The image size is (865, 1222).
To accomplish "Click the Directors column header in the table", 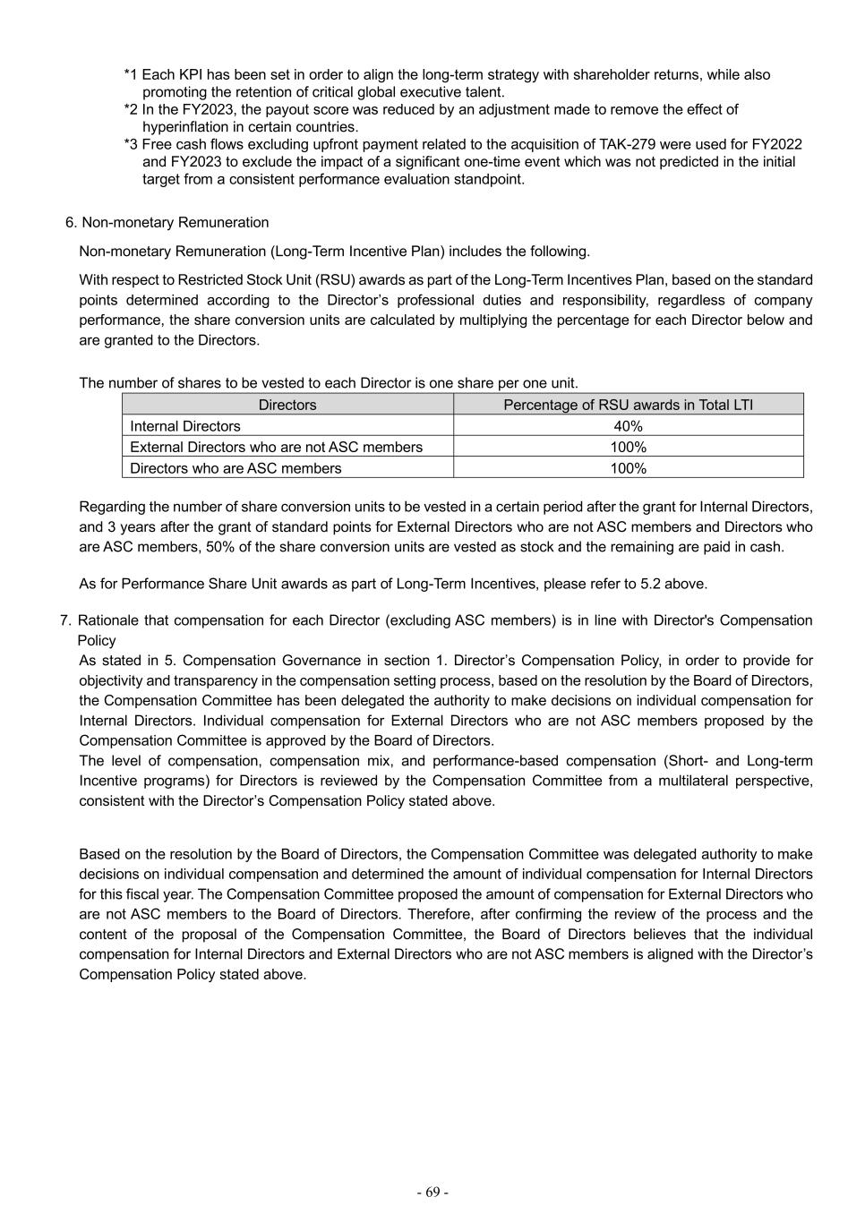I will (287, 405).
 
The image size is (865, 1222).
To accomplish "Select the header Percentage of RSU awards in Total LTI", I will (628, 405).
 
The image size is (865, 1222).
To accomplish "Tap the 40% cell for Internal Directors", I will (628, 426).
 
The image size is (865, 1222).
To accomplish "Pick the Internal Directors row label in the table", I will (185, 426).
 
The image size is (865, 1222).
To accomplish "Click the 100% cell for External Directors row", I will (628, 447).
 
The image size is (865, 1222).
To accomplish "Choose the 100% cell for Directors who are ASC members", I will (628, 468).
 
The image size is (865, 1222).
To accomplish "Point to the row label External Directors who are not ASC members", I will (276, 447).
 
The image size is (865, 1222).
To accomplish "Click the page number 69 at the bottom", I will (432, 1192).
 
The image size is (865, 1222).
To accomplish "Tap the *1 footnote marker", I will (131, 75).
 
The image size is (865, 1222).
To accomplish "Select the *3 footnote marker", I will (131, 145).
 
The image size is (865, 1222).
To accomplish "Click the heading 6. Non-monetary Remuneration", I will (167, 223).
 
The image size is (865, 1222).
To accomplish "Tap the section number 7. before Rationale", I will (65, 620).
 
